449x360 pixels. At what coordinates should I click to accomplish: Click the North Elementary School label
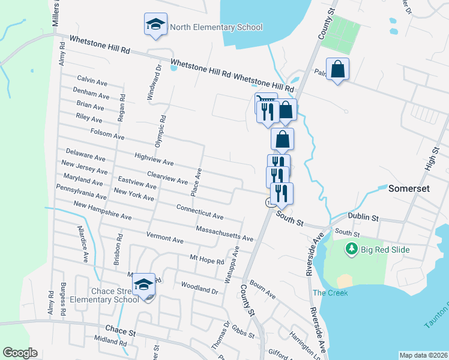216,27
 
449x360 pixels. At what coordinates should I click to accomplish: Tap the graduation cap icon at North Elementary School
155,25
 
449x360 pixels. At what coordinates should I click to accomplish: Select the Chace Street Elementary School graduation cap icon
144,284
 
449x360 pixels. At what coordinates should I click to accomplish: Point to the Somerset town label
409,188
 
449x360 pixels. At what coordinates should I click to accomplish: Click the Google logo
20,353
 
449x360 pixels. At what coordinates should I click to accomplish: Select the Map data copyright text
423,355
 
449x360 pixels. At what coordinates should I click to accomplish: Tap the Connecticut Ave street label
200,211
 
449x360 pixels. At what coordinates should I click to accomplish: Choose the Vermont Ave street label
164,236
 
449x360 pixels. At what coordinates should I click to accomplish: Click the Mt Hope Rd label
206,259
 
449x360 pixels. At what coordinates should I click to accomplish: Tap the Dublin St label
363,215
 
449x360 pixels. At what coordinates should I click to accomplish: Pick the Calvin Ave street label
92,79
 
